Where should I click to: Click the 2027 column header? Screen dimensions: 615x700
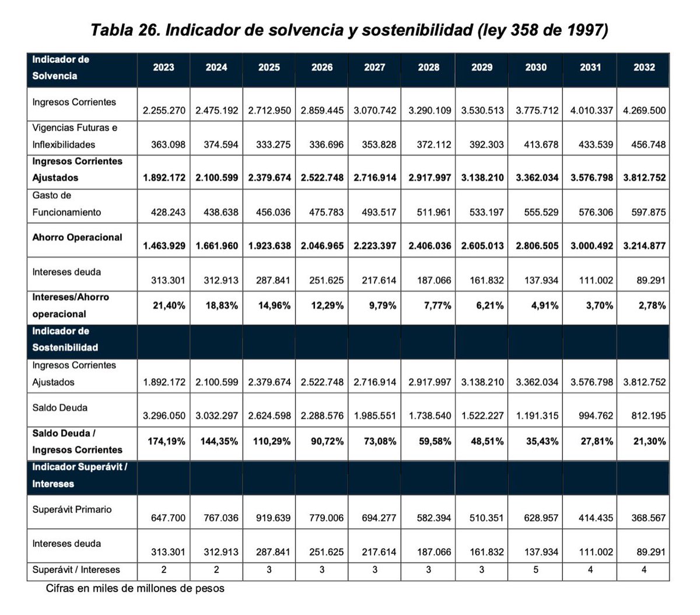(374, 68)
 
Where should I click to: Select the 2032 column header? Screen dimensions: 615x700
(644, 68)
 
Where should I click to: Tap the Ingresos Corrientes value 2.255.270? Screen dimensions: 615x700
(164, 110)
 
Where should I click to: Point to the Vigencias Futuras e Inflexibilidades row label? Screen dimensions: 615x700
(75, 136)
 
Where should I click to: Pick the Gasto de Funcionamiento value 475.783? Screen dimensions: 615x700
(322, 212)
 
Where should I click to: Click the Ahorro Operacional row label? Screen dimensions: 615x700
(77, 237)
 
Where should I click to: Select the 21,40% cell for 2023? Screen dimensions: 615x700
(169, 305)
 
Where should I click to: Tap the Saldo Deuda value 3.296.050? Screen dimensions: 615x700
(164, 416)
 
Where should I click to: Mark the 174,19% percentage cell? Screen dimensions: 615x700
(166, 441)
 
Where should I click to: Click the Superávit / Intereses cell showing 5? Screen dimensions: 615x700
(535, 570)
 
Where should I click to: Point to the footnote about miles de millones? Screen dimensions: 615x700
(135, 588)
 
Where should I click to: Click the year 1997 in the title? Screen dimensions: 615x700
(585, 30)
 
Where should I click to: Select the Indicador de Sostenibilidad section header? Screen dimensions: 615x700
(65, 339)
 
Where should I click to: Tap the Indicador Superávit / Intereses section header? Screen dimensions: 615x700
(79, 475)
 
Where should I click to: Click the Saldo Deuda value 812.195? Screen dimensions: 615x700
(648, 416)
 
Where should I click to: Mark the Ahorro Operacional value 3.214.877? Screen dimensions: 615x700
(644, 246)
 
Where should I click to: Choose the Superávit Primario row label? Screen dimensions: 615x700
(72, 509)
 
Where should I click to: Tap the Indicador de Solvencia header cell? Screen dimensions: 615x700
(61, 68)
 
